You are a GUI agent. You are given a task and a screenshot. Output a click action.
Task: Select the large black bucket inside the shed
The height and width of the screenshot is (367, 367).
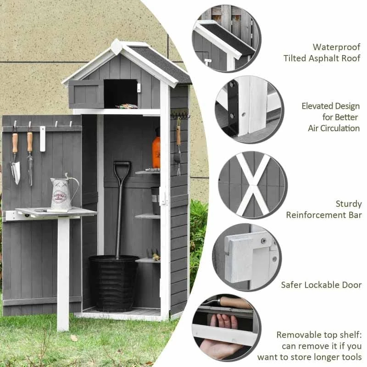[x=114, y=283]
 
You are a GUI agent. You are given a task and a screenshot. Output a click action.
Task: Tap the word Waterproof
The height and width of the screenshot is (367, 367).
[x=337, y=47]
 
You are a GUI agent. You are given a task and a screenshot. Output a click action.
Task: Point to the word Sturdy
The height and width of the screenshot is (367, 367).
[x=349, y=204]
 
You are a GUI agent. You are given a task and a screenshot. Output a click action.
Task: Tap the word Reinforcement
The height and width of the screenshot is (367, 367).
[x=316, y=215]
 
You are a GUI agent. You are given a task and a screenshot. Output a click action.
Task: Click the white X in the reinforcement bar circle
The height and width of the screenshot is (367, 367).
[x=253, y=184]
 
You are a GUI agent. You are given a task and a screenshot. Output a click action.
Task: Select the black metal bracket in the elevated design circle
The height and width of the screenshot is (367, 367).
[x=233, y=108]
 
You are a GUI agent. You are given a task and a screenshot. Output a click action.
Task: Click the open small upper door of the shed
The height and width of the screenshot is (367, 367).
[x=86, y=94]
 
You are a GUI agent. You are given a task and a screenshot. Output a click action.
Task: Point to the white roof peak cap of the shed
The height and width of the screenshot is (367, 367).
[x=117, y=47]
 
